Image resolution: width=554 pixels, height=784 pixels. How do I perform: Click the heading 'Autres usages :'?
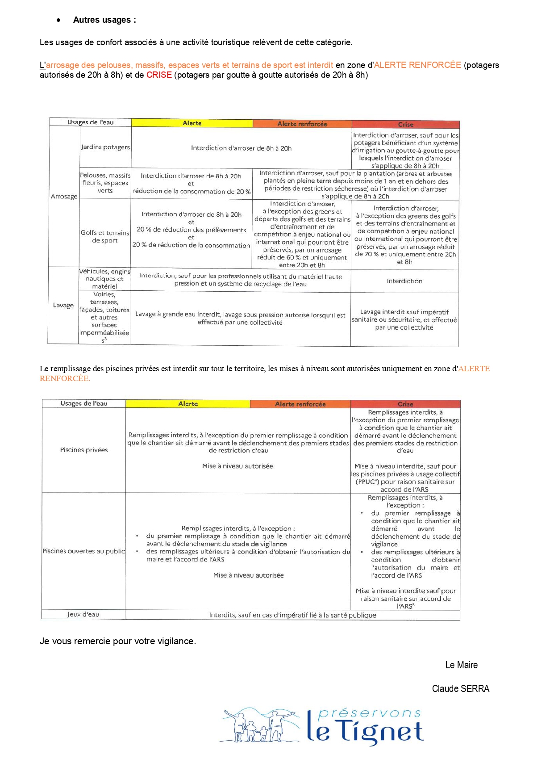coord(104,20)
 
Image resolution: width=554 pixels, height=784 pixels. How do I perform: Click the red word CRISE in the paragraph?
coord(159,75)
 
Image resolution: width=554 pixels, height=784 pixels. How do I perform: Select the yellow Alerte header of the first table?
coord(192,123)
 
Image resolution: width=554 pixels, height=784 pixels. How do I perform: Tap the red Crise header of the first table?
coord(405,125)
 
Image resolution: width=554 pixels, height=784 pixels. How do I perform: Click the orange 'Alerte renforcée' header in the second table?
coord(300,404)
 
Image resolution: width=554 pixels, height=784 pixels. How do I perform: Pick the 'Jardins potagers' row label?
coord(105,147)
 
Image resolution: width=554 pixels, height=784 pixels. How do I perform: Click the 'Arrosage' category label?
coord(64,197)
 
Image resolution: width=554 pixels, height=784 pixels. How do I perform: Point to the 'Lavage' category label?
coord(63,306)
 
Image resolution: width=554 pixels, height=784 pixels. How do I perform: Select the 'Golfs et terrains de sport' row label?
coord(105,236)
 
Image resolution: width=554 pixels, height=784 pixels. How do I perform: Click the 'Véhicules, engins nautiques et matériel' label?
coord(105,279)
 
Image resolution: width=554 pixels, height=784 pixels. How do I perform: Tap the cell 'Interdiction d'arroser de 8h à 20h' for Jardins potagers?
coord(241,148)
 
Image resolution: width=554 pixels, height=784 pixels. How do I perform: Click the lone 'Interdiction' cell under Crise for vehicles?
coord(404,281)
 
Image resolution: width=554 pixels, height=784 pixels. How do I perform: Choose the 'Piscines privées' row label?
coord(84,450)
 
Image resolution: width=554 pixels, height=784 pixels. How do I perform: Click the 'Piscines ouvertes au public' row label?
coord(84,551)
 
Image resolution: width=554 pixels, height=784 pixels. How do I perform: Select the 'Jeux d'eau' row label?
coord(83,615)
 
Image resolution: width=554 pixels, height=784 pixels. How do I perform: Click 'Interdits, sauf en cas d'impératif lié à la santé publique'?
coord(292,615)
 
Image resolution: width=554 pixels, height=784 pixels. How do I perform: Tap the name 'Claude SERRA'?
coord(460,689)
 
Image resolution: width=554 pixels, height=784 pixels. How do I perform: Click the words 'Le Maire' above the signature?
coord(461,665)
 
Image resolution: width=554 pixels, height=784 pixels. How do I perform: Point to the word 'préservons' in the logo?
coord(370,713)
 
